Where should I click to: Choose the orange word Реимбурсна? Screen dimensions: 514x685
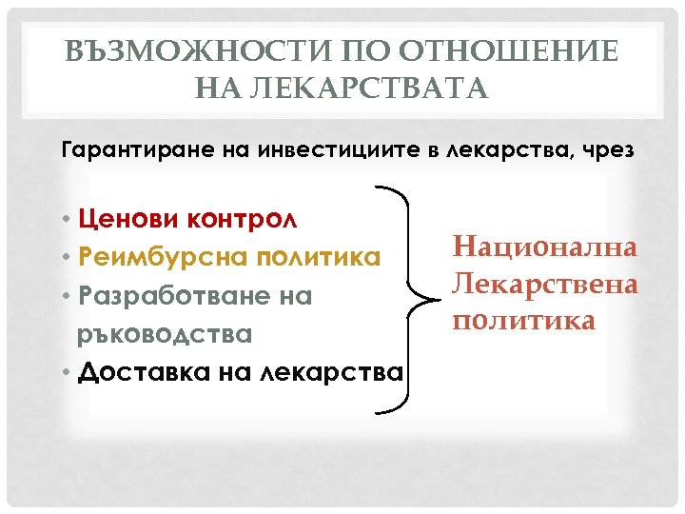click(147, 258)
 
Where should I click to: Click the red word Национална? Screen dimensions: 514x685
click(544, 248)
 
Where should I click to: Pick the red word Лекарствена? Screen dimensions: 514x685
click(544, 284)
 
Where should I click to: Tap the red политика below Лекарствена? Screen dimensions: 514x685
click(524, 320)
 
